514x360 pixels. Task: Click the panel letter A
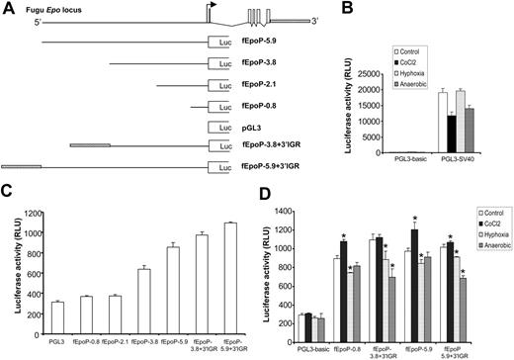[8, 8]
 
